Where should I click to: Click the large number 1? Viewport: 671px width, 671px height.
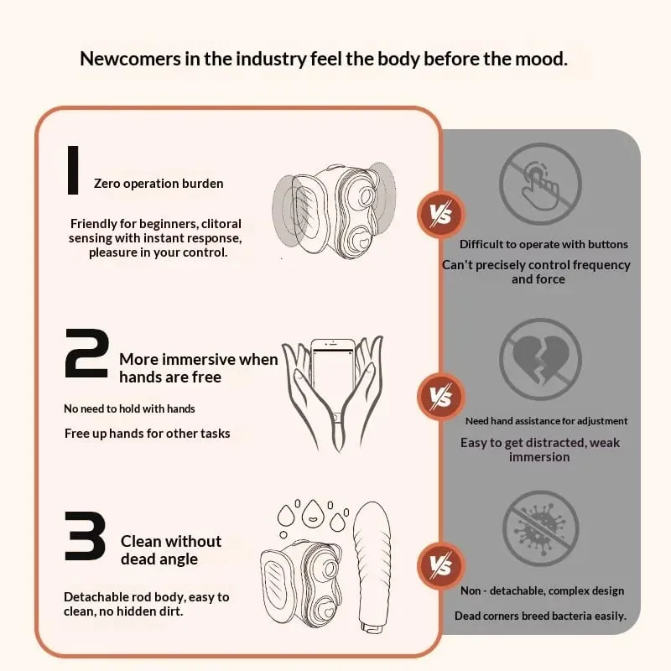[73, 170]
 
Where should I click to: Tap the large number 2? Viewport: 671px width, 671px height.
[86, 353]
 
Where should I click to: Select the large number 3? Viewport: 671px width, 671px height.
[86, 536]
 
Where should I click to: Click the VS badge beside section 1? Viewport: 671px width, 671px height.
[441, 214]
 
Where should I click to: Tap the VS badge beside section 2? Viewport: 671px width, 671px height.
[441, 396]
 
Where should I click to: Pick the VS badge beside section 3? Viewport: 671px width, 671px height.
[441, 565]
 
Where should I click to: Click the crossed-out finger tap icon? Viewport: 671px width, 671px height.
[540, 184]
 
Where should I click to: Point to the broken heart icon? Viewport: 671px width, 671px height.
[540, 360]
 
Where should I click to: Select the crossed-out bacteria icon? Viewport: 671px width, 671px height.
[540, 529]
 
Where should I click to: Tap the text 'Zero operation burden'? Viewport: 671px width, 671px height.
[159, 184]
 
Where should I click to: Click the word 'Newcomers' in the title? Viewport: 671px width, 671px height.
[130, 59]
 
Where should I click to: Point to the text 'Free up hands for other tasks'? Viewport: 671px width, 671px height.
[148, 434]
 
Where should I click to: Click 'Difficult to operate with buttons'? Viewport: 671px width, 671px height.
[544, 244]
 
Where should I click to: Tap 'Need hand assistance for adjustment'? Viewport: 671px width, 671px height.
[547, 421]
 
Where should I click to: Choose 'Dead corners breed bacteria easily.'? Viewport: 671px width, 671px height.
[540, 616]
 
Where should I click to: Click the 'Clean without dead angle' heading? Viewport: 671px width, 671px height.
[171, 550]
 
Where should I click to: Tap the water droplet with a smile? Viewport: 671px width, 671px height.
[313, 513]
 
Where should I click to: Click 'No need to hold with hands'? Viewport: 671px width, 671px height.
[129, 408]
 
